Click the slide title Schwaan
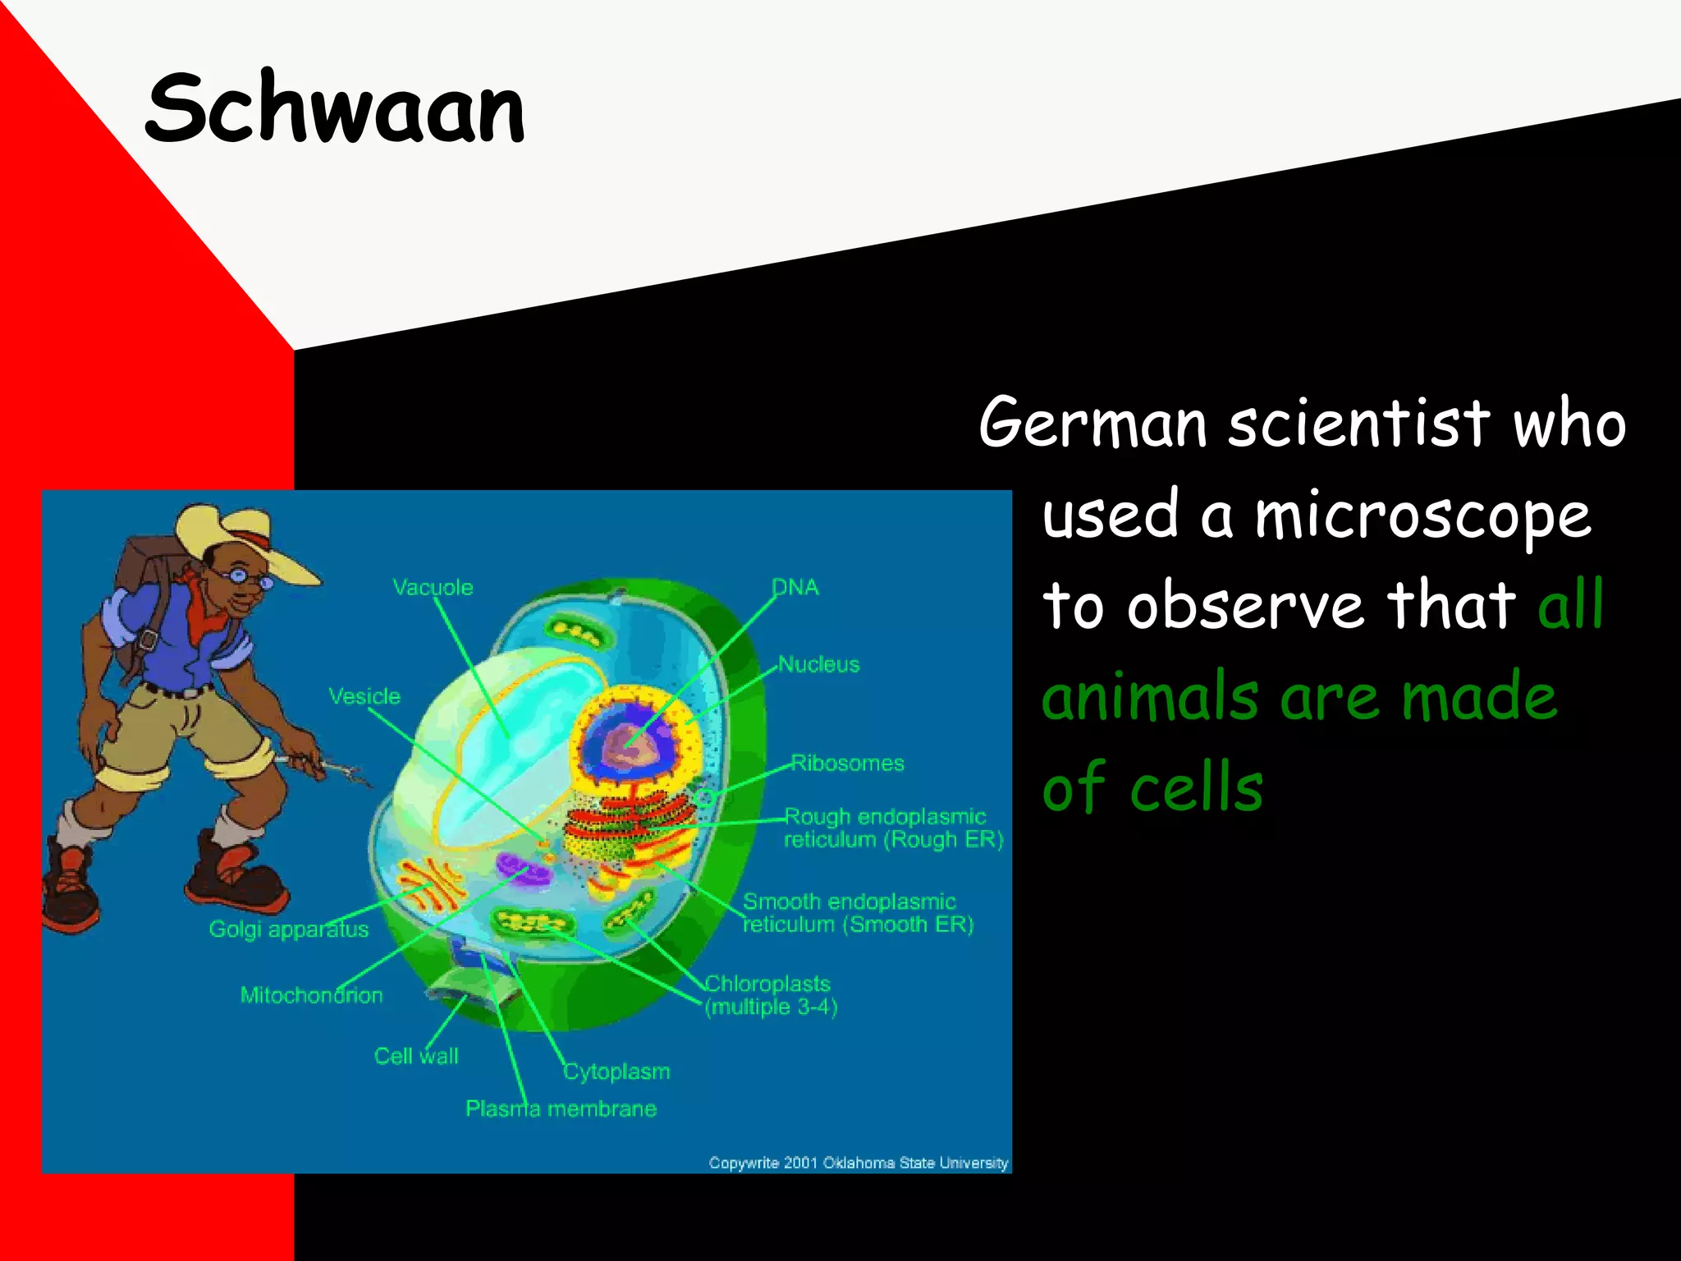[335, 108]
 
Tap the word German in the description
[1092, 423]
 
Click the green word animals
[1150, 696]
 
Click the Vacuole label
[433, 588]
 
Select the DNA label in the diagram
[795, 587]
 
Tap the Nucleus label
[818, 664]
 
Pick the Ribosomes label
[847, 763]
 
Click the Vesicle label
[364, 696]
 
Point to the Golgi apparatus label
[288, 929]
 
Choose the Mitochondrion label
[311, 995]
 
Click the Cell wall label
[416, 1056]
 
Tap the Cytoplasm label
[616, 1071]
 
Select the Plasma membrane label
[561, 1109]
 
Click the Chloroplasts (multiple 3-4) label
[770, 995]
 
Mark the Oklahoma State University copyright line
[858, 1162]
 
